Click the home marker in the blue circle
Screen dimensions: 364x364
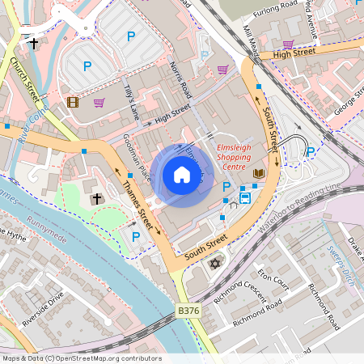tap(182, 175)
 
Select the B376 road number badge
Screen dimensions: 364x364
tap(188, 309)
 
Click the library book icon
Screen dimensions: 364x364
tap(259, 174)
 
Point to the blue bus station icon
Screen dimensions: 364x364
tap(244, 197)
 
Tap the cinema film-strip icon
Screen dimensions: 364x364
tap(74, 102)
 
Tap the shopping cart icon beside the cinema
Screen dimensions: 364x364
tap(99, 103)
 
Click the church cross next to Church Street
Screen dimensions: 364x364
tap(34, 43)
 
